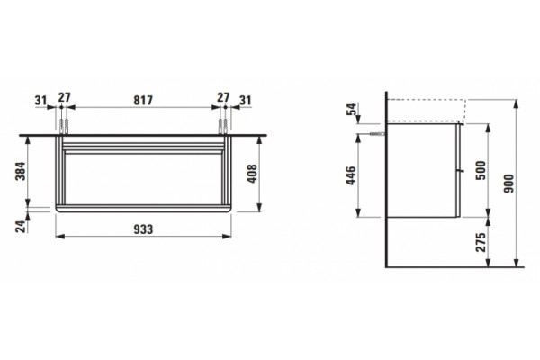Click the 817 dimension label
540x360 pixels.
(x=143, y=100)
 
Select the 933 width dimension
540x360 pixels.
(x=143, y=229)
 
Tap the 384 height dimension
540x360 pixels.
(x=21, y=171)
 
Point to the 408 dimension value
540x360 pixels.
(x=252, y=174)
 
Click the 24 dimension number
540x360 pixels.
(x=21, y=226)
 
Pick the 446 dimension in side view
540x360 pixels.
(x=351, y=175)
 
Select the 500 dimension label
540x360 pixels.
(x=481, y=170)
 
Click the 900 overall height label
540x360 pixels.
(x=508, y=184)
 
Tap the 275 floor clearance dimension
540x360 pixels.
(x=481, y=242)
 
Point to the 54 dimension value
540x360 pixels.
(x=352, y=109)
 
